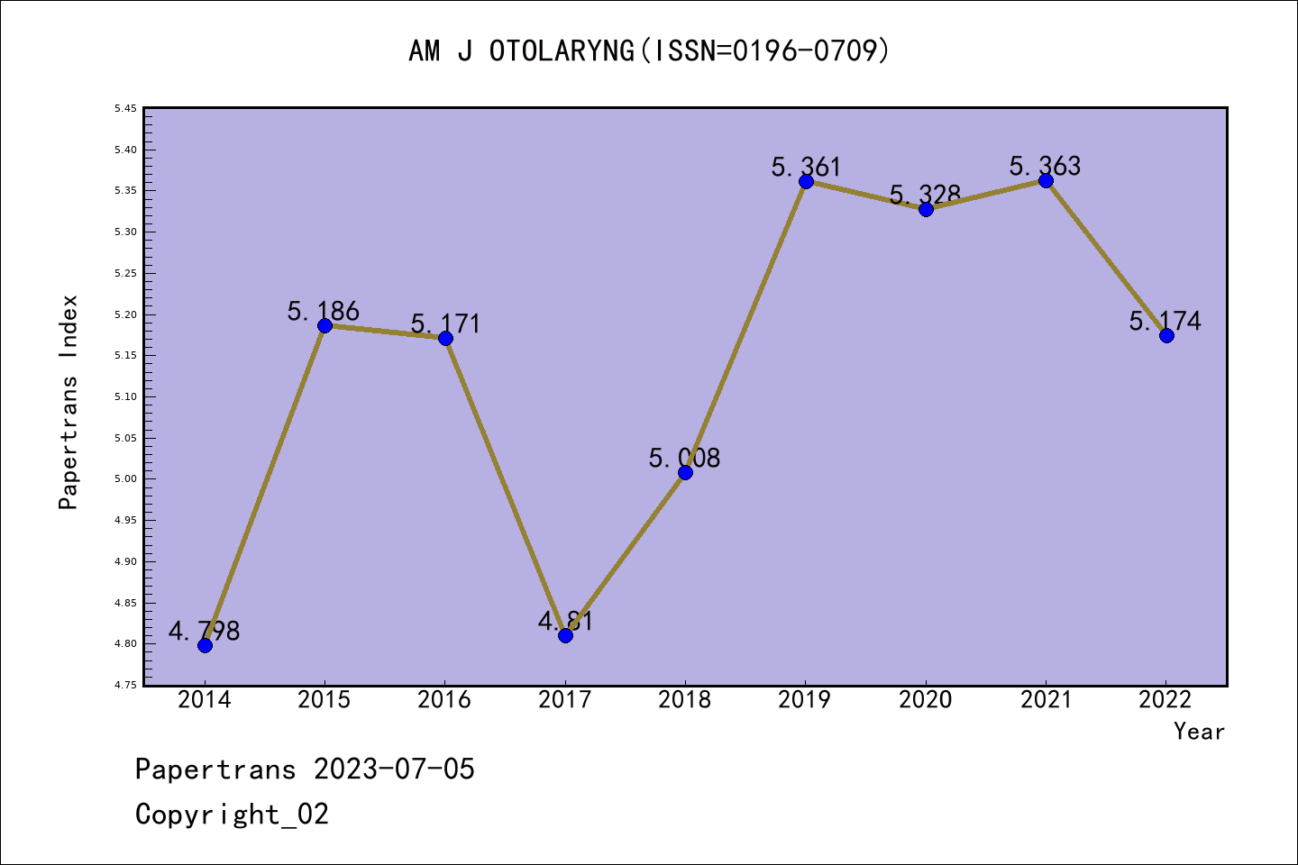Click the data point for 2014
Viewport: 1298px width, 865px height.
tap(205, 645)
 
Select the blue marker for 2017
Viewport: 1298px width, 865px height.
tap(565, 635)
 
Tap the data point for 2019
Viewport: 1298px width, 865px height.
tap(806, 181)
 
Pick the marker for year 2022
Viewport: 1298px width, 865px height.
tap(1166, 335)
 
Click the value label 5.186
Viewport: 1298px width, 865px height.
tap(324, 312)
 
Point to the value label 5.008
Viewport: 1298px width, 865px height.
tap(685, 459)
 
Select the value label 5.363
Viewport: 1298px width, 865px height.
tap(1046, 167)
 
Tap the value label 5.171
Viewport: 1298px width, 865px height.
tap(445, 324)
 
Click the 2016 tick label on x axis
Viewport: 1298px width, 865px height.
tap(444, 700)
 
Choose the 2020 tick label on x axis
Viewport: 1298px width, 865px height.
tap(926, 700)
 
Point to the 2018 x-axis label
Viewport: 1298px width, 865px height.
tap(685, 700)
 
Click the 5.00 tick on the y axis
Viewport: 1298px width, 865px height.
tap(125, 479)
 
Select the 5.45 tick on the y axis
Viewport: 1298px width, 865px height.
tap(125, 109)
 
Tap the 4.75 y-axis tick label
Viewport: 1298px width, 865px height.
tap(125, 686)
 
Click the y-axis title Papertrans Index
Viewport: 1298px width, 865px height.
tap(69, 402)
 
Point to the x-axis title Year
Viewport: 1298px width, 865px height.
tap(1199, 732)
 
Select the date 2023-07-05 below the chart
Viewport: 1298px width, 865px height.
tap(394, 769)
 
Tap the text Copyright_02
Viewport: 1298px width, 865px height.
tap(232, 815)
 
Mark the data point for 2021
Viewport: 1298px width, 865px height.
tap(1046, 181)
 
